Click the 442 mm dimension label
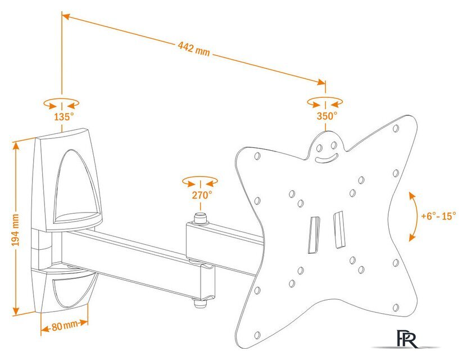click(194, 50)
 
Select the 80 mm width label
click(64, 326)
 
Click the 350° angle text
click(326, 116)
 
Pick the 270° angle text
click(201, 195)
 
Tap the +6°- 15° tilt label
click(438, 215)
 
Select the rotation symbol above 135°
click(61, 103)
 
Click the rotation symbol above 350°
click(325, 102)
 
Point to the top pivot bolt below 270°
click(200, 217)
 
